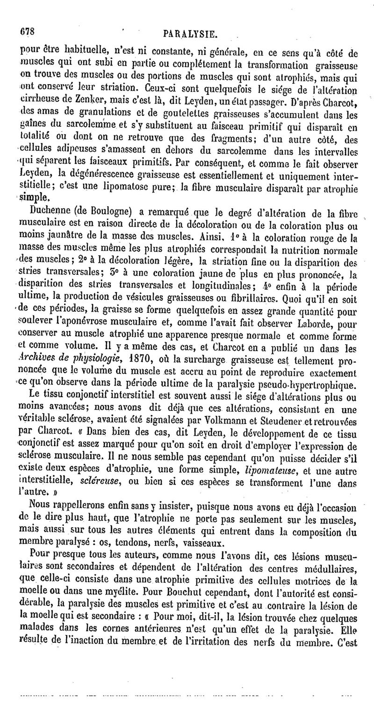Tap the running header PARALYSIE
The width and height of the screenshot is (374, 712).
click(x=189, y=34)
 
